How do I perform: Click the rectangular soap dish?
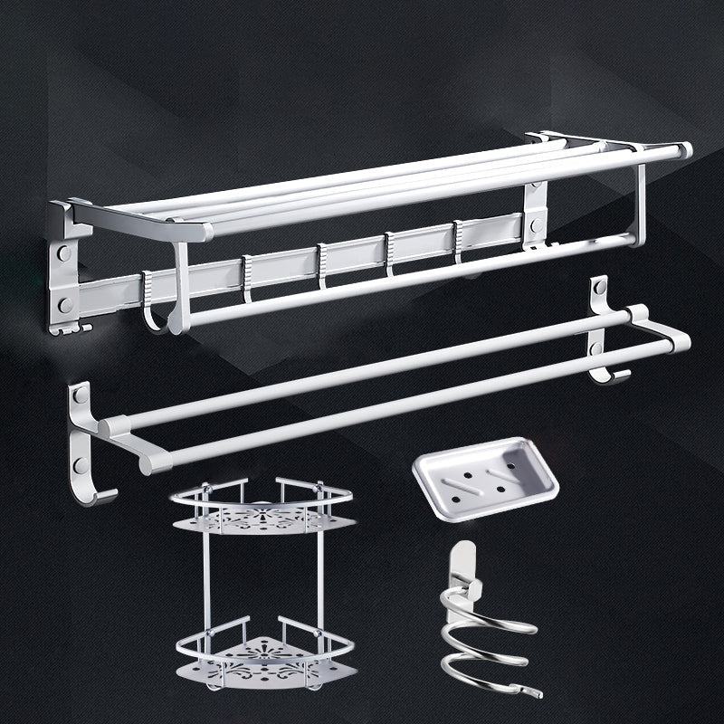point(485,477)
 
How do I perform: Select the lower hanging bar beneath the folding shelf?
point(407,277)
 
